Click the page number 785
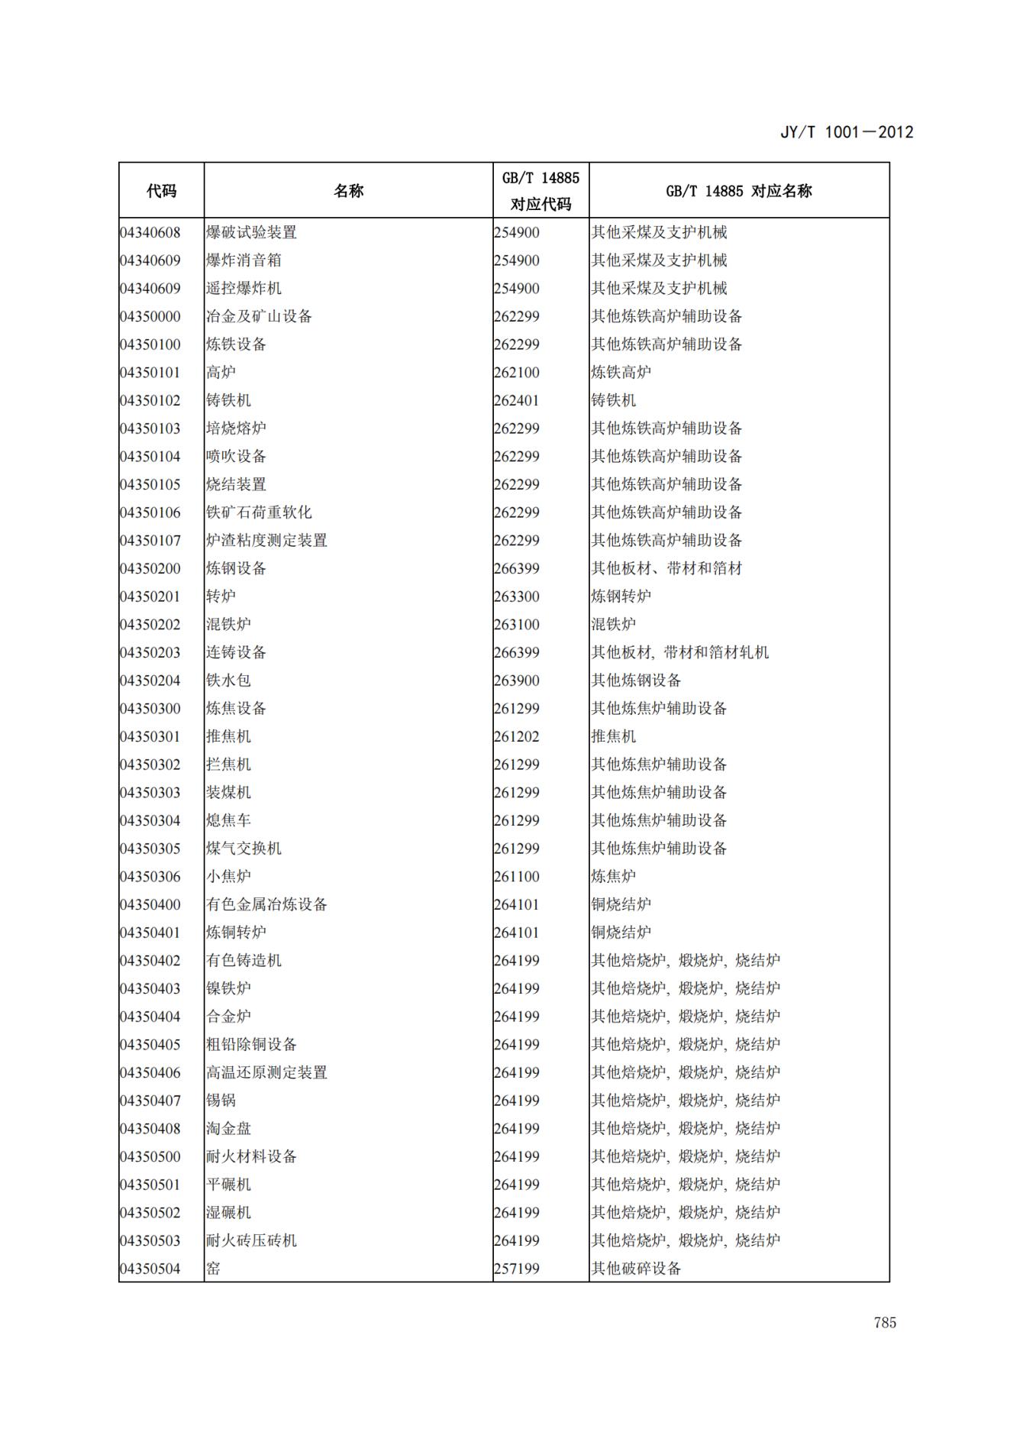click(x=885, y=1323)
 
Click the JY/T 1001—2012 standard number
click(x=846, y=132)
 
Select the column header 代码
click(x=161, y=191)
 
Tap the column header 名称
click(x=348, y=191)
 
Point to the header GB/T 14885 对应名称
click(x=738, y=191)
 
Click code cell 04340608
click(x=150, y=232)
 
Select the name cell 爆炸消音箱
click(x=244, y=260)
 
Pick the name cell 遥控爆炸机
click(x=244, y=288)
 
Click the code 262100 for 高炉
click(x=517, y=373)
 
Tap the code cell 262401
click(x=517, y=400)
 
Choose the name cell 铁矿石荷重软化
click(x=259, y=512)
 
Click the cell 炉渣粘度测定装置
click(x=266, y=541)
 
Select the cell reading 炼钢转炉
click(x=621, y=596)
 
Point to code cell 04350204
click(x=150, y=681)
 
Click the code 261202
click(x=517, y=736)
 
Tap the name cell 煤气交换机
click(x=244, y=849)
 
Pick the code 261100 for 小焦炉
click(x=517, y=877)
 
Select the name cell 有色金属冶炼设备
click(x=266, y=904)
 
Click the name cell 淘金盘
click(x=228, y=1129)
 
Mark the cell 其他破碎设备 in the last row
click(x=636, y=1269)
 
